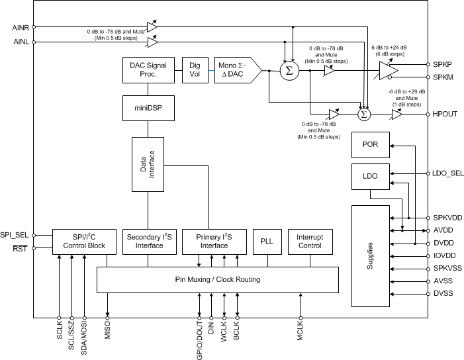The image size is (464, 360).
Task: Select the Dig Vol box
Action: (x=195, y=69)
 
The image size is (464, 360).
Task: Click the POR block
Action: (x=370, y=145)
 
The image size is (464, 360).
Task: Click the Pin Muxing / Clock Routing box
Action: (x=218, y=280)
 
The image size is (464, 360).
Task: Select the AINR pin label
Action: (x=21, y=27)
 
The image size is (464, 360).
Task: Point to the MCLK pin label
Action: (x=300, y=333)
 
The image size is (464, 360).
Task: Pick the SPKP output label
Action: (x=443, y=65)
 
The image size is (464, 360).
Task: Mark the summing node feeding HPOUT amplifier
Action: (x=363, y=114)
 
